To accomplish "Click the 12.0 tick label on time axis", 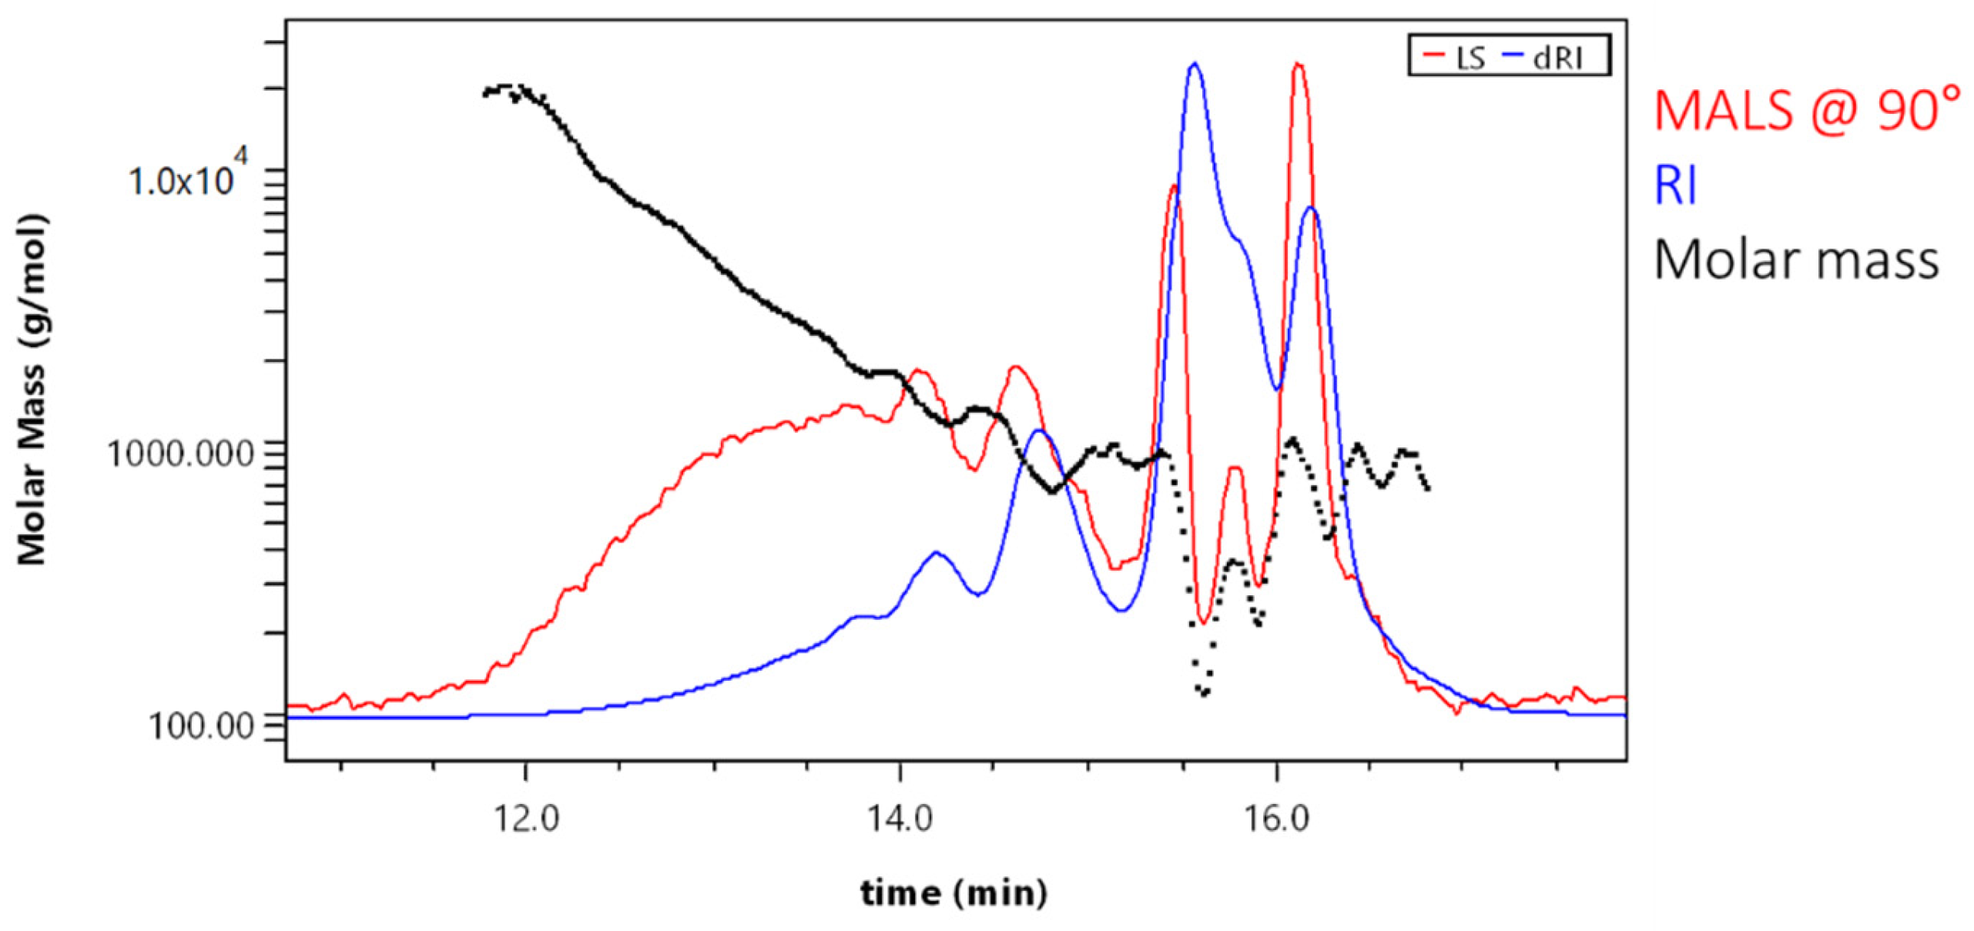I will (525, 819).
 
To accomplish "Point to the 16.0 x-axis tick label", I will (1276, 819).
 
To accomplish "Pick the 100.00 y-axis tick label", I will (201, 726).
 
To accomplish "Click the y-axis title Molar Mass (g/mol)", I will (32, 390).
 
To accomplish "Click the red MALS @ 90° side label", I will (1807, 110).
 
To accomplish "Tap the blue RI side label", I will (1676, 186).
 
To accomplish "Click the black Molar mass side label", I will (1795, 260).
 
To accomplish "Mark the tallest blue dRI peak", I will (1195, 65).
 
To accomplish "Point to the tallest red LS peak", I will (1299, 65).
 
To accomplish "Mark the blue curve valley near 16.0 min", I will (1277, 388).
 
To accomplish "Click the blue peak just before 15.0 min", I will (1039, 431).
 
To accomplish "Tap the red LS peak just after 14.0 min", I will (918, 372).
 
